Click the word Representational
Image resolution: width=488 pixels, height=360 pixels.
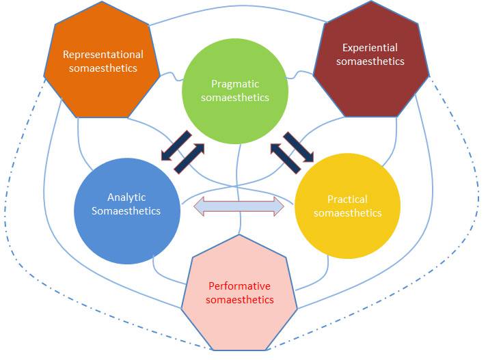(103, 54)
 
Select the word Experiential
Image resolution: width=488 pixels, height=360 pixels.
(370, 48)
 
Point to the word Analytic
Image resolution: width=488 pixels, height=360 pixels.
(126, 197)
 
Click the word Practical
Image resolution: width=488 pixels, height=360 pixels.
(347, 199)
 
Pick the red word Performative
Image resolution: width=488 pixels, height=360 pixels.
(241, 286)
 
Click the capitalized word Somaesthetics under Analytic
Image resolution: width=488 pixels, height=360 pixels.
(126, 210)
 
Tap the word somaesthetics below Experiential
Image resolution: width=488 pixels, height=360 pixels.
(370, 61)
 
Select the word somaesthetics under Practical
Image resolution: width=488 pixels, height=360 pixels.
(347, 213)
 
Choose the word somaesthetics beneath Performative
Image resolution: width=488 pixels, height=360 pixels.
(241, 300)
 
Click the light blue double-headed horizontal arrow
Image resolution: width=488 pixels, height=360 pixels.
(239, 206)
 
